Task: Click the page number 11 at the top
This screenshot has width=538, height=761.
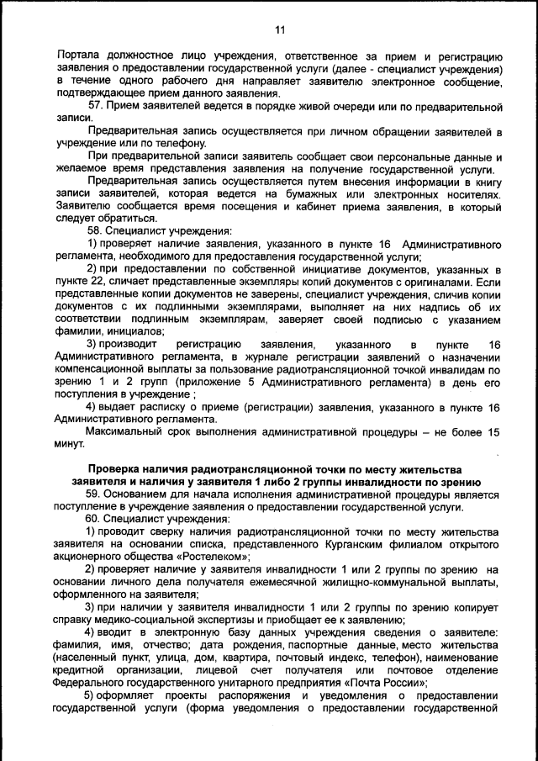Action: coord(280,31)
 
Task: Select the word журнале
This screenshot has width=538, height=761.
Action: coord(251,357)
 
